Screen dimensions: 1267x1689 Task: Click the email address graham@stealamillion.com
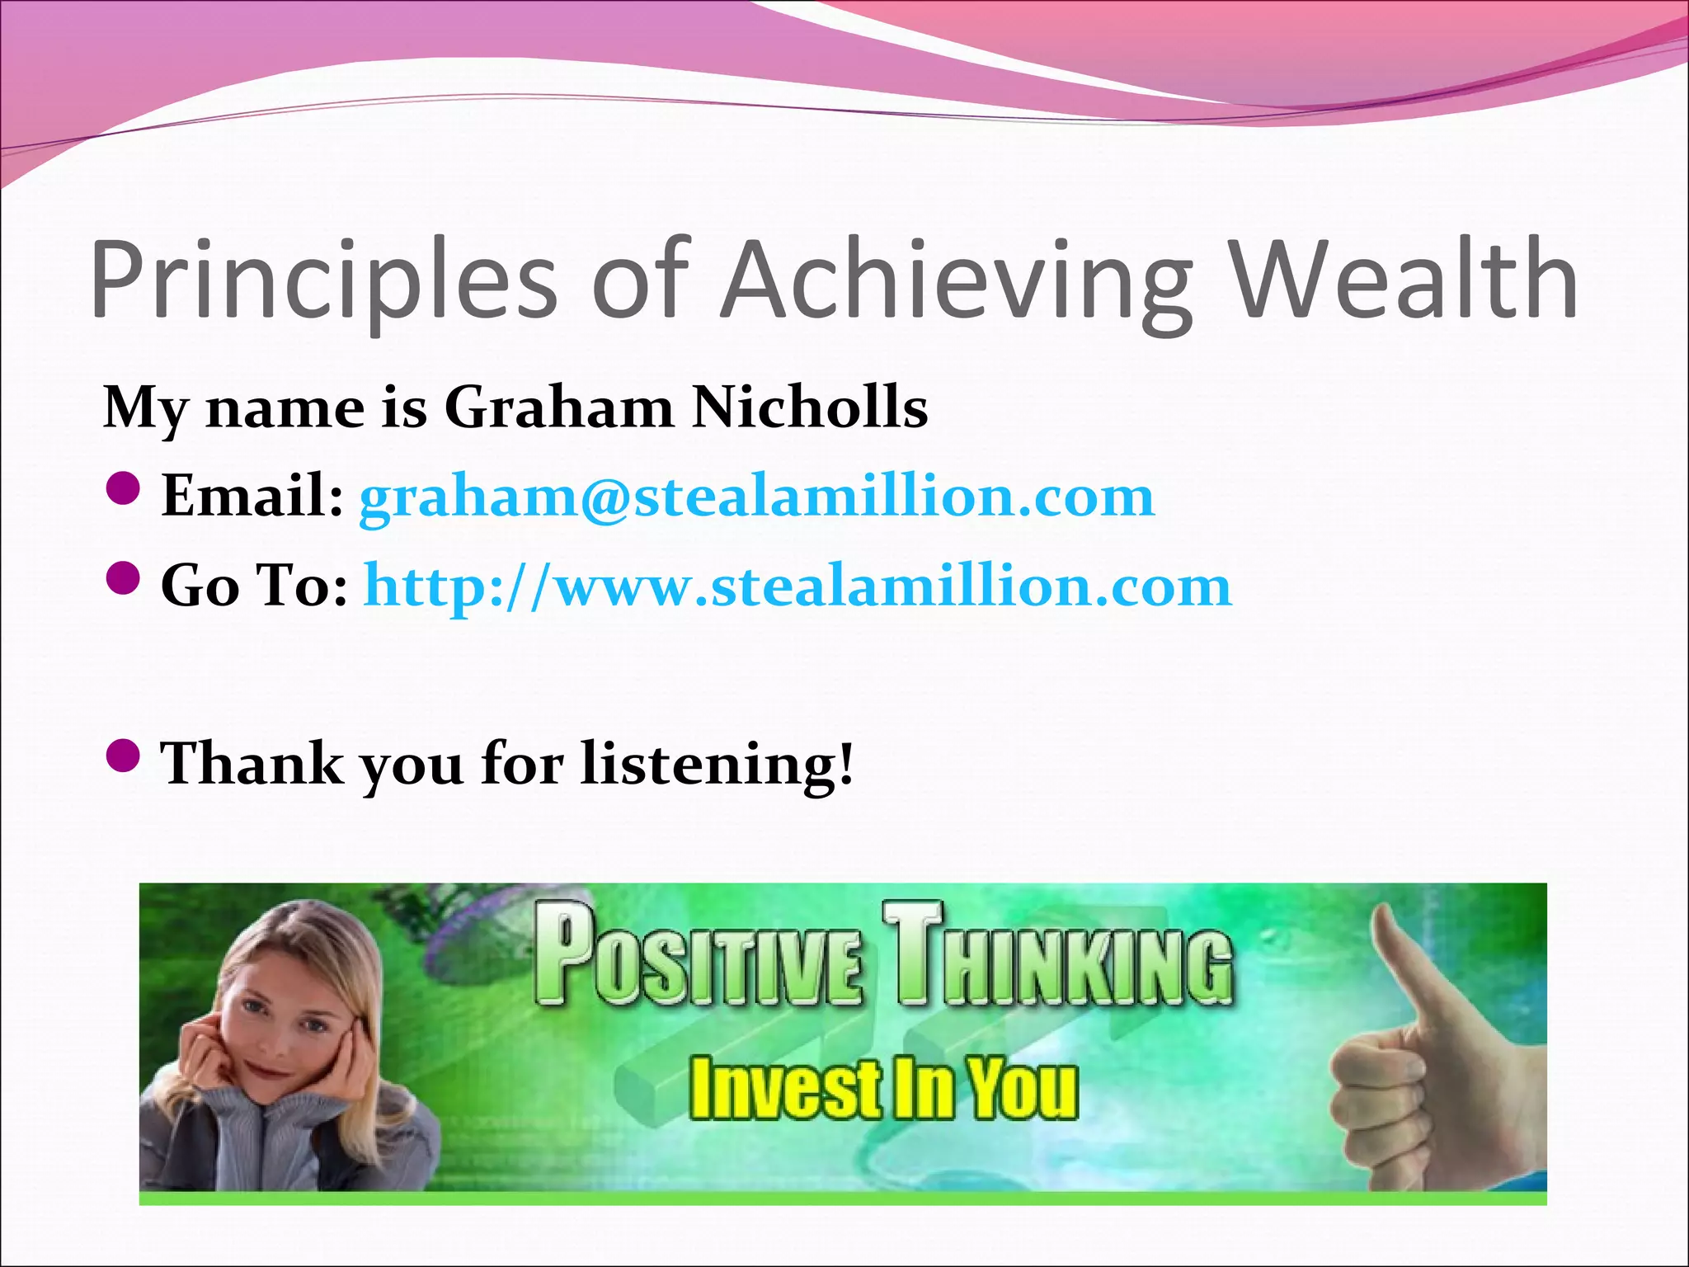[756, 497]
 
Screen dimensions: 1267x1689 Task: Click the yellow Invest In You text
[882, 1089]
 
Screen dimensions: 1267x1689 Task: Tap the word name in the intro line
[285, 408]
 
